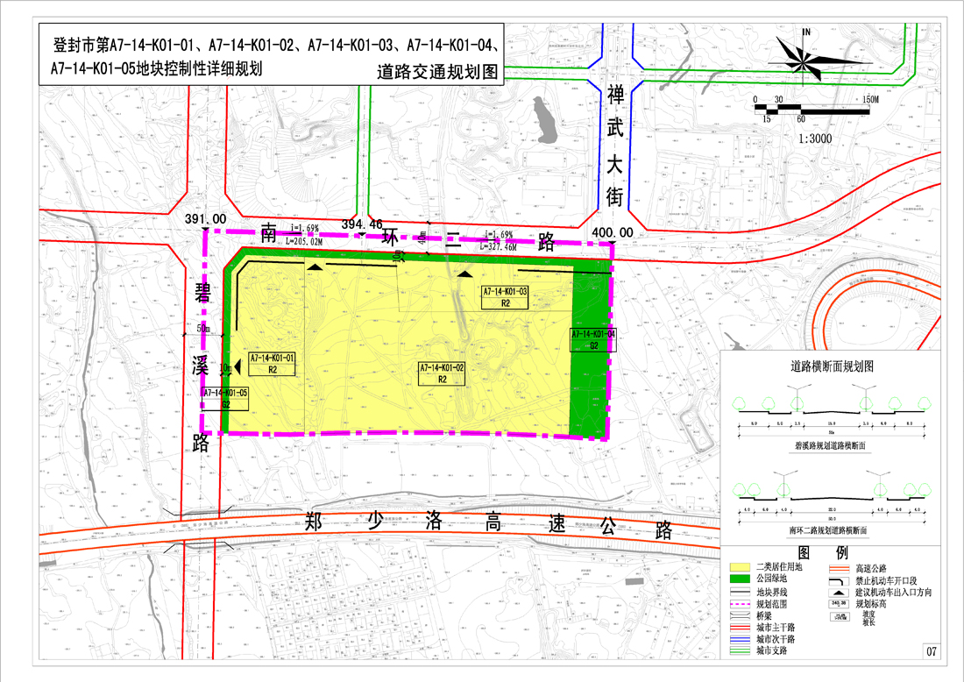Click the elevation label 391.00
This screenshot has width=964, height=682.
click(x=205, y=219)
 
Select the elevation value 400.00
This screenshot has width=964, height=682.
click(x=613, y=231)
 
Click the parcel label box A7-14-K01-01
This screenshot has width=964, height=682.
click(x=273, y=365)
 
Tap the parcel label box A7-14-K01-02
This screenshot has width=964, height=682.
click(x=442, y=373)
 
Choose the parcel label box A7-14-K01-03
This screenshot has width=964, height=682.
click(x=505, y=297)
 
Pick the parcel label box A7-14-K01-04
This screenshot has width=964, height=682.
click(x=593, y=340)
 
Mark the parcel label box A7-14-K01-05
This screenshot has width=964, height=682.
click(x=225, y=399)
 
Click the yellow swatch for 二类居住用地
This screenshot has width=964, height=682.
click(x=741, y=568)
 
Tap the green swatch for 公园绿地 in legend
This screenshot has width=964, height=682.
click(x=741, y=579)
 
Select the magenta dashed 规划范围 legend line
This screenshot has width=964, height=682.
click(x=741, y=604)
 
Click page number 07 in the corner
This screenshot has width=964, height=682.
click(x=932, y=651)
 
